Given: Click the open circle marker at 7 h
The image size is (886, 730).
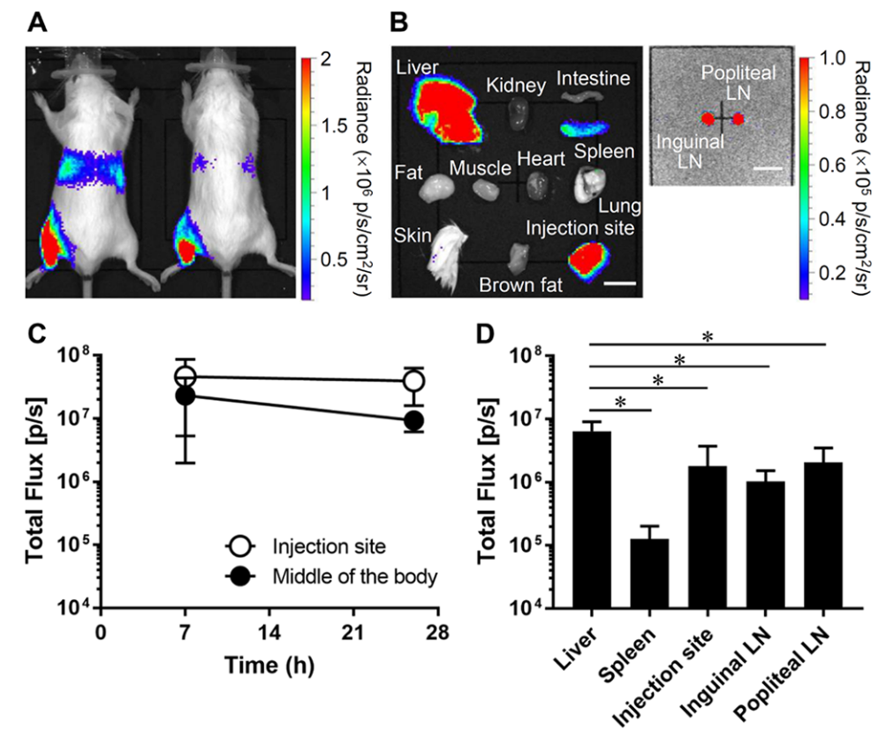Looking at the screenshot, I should click(x=186, y=377).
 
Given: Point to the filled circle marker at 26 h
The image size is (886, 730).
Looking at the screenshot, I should click(x=413, y=420).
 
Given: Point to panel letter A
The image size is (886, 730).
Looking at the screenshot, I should click(x=37, y=24).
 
